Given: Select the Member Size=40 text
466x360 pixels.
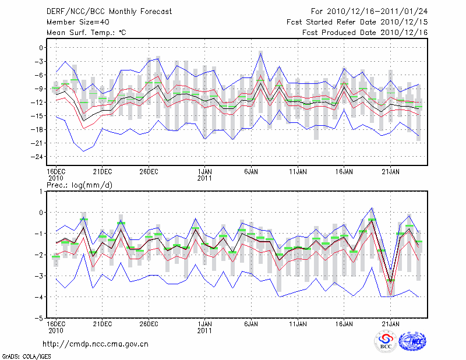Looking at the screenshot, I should pos(76,22).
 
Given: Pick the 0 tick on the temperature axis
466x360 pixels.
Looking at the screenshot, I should pos(42,48).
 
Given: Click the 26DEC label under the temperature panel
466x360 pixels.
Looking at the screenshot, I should pos(149,171).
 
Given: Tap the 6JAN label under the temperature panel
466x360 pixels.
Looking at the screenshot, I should pos(251,171).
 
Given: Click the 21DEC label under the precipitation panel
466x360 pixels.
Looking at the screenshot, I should pos(102,324).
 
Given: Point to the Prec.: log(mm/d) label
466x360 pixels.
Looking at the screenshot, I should pos(79,185).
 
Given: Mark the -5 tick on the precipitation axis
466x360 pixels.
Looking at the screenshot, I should pos(40,319).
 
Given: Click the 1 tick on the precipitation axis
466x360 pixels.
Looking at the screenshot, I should pos(42,191).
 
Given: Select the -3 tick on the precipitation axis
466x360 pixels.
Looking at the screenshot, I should pos(40,276).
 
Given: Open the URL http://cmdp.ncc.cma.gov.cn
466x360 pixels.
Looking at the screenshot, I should pos(96,344).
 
